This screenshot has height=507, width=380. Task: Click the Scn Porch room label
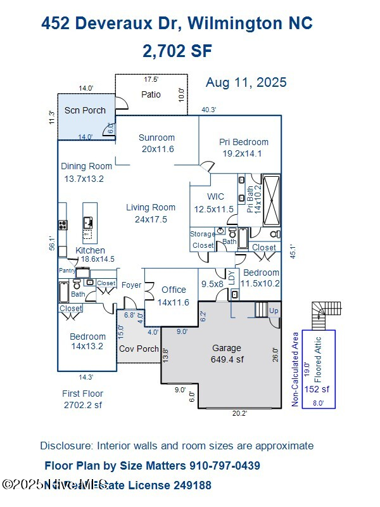tap(85, 110)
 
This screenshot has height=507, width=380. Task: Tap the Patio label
tap(150, 94)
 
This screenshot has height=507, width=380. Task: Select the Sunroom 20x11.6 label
tap(156, 143)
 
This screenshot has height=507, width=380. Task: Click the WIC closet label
tap(215, 196)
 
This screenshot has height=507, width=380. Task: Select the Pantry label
tap(66, 271)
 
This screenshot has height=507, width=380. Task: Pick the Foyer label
tap(131, 285)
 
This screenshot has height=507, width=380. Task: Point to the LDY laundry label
tap(232, 276)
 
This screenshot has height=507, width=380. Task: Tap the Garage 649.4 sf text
tap(226, 354)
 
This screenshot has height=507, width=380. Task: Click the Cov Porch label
tap(139, 349)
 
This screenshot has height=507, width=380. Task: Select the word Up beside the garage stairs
tap(274, 312)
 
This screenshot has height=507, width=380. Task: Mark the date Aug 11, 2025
tap(246, 82)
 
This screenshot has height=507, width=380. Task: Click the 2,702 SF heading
tap(177, 51)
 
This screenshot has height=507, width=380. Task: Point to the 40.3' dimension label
tap(208, 110)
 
